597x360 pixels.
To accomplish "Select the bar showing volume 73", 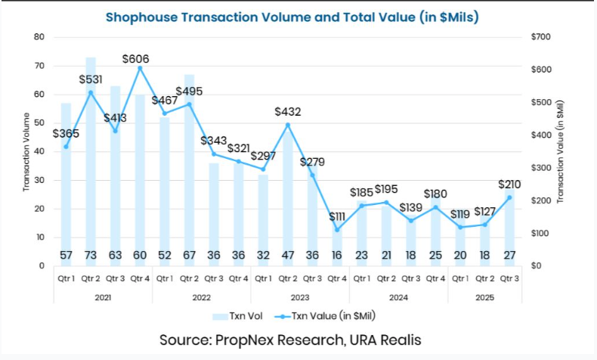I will click(90, 151).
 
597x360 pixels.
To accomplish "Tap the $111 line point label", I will click(337, 218).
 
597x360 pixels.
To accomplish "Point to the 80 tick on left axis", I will click(39, 37).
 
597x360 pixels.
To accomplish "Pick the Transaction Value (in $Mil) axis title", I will click(561, 151).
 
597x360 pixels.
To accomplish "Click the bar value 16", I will click(336, 256).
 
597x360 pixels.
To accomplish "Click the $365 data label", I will click(67, 134).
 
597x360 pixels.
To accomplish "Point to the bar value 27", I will click(510, 256).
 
